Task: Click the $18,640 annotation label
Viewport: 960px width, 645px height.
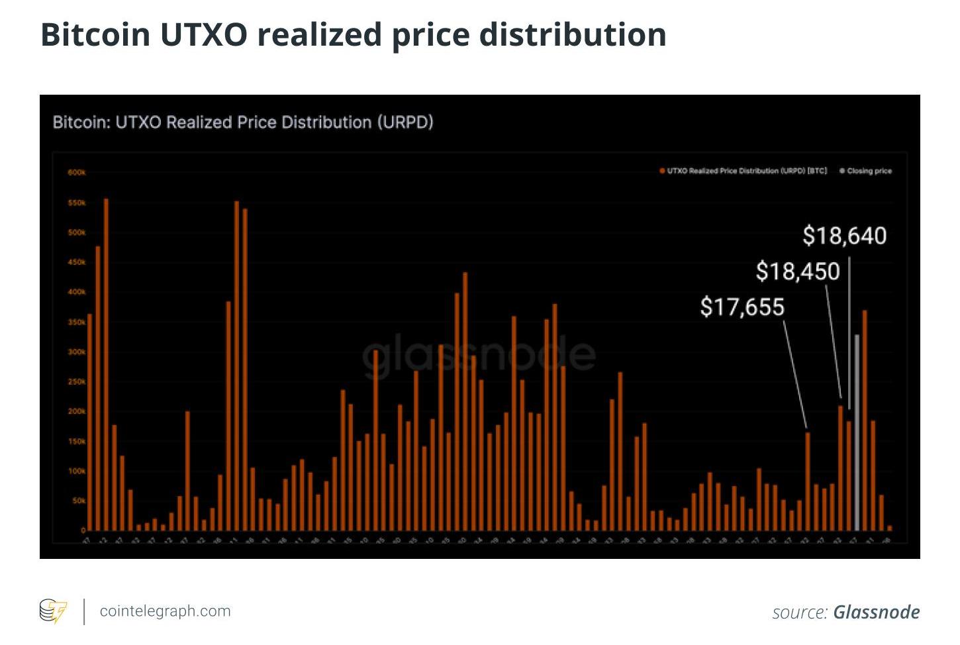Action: coord(844,236)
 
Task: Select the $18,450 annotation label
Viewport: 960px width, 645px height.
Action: coord(797,272)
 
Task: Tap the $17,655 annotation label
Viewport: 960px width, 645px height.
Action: coord(742,307)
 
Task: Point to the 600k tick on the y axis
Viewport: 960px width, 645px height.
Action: coord(77,173)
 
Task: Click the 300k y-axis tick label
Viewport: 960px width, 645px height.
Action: coord(77,352)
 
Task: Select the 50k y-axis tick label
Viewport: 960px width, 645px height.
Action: coord(78,501)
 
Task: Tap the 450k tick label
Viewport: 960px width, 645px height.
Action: coord(77,262)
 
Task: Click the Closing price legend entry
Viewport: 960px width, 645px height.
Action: coord(865,171)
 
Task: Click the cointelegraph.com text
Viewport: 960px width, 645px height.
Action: coord(165,611)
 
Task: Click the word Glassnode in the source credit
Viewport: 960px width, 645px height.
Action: coord(876,612)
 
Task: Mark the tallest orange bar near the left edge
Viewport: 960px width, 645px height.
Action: coord(106,364)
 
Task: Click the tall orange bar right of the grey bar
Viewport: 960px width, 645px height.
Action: coord(865,420)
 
